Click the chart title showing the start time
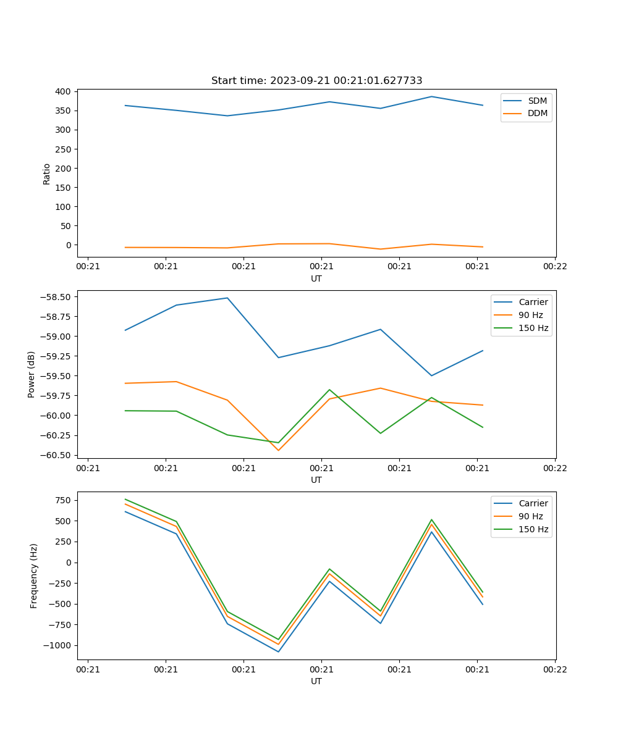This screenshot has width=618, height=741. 316,81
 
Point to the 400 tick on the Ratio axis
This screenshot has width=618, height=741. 61,91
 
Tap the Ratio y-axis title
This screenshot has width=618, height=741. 47,174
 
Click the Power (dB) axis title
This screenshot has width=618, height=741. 32,374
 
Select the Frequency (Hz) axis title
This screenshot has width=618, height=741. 34,576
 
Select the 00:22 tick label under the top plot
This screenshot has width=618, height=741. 554,267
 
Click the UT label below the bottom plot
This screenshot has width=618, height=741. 316,681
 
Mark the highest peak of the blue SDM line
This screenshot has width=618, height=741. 431,96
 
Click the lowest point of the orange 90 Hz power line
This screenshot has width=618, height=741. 278,450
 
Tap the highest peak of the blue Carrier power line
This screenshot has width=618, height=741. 227,298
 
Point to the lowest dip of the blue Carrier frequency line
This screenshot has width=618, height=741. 278,651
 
